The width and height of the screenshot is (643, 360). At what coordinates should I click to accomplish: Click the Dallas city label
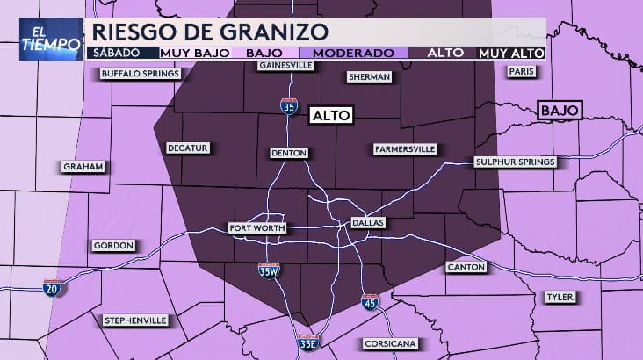(368, 223)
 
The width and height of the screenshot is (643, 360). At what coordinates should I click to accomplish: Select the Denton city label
(289, 153)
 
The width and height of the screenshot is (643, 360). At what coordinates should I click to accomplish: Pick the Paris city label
(520, 71)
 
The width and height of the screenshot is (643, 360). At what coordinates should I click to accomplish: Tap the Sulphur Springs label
(515, 162)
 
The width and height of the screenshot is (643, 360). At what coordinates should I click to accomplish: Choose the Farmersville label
(404, 149)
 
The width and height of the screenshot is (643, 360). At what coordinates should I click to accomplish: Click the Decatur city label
(188, 148)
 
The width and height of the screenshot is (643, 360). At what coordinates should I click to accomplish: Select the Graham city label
(83, 167)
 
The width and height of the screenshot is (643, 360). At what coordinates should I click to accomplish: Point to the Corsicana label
(390, 343)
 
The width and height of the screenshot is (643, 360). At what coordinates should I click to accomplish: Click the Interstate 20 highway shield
(54, 287)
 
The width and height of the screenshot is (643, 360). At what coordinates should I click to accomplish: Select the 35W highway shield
(270, 270)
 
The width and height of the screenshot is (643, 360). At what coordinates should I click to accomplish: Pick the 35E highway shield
(307, 342)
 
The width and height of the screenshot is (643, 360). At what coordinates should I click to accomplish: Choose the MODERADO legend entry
(352, 53)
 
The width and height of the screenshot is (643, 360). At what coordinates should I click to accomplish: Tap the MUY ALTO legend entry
(510, 53)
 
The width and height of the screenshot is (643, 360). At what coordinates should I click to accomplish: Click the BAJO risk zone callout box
(559, 111)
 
